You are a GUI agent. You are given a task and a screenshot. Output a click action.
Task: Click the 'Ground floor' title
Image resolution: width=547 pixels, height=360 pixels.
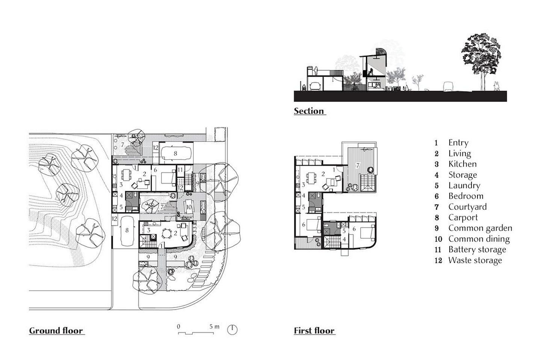[x=56, y=331]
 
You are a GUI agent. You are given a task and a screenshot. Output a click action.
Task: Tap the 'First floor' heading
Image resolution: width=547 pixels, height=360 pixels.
[x=314, y=331]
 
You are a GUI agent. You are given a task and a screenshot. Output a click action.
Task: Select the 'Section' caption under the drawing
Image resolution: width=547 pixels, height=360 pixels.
[x=309, y=111]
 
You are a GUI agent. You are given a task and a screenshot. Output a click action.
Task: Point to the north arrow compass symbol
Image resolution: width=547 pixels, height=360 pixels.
[x=233, y=330]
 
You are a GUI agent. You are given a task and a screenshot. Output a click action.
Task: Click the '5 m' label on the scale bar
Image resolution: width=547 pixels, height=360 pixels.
[x=215, y=327]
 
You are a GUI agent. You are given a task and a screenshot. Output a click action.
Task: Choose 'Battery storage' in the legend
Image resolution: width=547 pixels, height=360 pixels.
[x=477, y=250]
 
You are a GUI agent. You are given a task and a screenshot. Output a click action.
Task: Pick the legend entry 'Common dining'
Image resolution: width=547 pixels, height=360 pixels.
[x=479, y=239]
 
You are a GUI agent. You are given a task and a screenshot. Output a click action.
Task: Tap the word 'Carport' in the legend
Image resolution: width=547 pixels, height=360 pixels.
[x=463, y=217]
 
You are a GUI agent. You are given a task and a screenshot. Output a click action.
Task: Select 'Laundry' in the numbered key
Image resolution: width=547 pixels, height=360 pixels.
[x=464, y=185]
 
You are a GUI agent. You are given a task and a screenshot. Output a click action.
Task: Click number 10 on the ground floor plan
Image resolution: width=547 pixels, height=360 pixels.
[x=189, y=207]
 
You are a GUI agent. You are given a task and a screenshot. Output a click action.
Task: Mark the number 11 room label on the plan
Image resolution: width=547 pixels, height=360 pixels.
[x=180, y=170]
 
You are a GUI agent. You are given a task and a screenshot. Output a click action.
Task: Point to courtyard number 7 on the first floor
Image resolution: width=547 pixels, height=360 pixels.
[x=358, y=165]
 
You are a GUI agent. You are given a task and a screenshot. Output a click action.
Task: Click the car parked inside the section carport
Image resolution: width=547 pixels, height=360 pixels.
[x=314, y=87]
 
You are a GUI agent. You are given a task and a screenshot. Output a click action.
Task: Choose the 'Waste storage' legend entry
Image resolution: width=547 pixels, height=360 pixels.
[x=475, y=260]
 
